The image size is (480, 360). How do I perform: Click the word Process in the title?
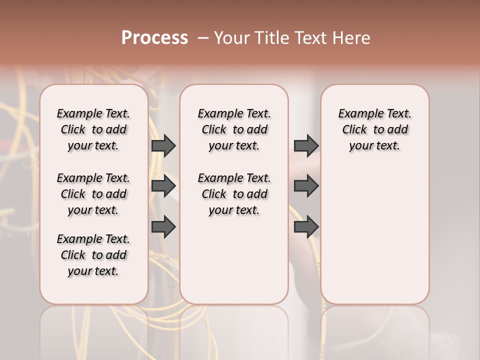(x=154, y=38)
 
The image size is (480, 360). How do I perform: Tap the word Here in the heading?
(x=352, y=38)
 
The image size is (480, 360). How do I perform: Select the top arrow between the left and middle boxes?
(x=163, y=145)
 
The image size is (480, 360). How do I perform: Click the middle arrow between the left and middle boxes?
(x=163, y=186)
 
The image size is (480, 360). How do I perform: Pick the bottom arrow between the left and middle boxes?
(x=163, y=227)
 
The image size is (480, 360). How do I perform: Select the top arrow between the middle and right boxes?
(x=306, y=145)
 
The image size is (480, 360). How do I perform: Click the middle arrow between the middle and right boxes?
(x=306, y=186)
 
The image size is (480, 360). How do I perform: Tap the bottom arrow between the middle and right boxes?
(x=306, y=227)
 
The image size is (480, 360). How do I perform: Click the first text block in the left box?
(x=93, y=129)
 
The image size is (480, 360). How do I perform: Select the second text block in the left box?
(x=93, y=194)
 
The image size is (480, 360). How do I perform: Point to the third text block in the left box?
(x=93, y=255)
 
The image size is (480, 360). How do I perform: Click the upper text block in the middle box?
(x=234, y=129)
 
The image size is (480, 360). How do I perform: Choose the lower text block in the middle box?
(x=234, y=194)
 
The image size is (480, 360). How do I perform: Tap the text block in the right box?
(x=374, y=129)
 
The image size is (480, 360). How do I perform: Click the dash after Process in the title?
(x=203, y=38)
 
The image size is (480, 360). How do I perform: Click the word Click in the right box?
(x=354, y=130)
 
